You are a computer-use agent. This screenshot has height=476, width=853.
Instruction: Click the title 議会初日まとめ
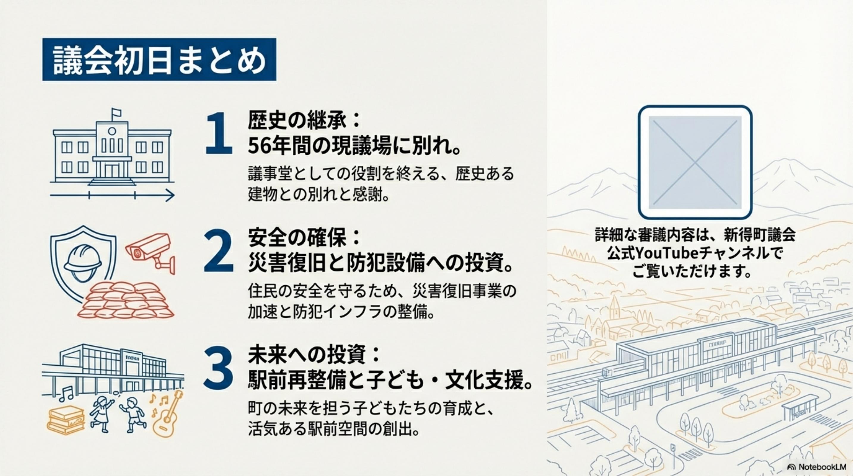(x=159, y=60)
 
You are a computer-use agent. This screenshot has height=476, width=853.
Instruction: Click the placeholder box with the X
(x=695, y=162)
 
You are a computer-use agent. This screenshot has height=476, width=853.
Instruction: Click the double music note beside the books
(x=67, y=393)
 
